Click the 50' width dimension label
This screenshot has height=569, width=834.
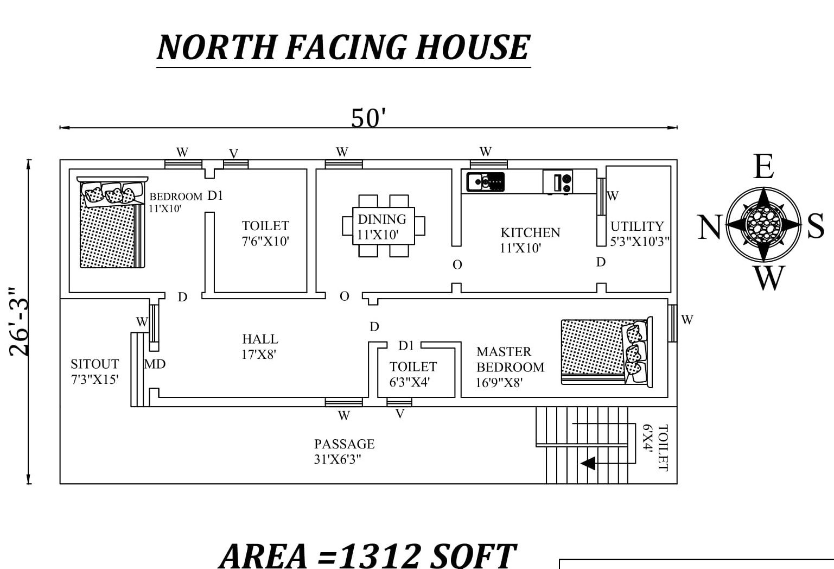pyautogui.click(x=368, y=117)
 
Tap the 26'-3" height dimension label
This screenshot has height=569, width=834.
pyautogui.click(x=20, y=322)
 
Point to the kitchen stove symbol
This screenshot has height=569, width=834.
pyautogui.click(x=558, y=182)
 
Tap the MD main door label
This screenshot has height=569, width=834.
pyautogui.click(x=155, y=364)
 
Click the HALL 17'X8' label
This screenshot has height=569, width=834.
pyautogui.click(x=260, y=346)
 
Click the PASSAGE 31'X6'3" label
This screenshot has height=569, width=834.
pyautogui.click(x=344, y=451)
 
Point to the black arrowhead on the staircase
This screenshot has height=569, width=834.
pyautogui.click(x=588, y=463)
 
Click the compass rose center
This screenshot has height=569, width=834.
pyautogui.click(x=763, y=224)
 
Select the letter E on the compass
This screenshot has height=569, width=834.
pyautogui.click(x=763, y=166)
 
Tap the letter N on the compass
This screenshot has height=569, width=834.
pyautogui.click(x=708, y=227)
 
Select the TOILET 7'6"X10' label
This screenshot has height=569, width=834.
pyautogui.click(x=265, y=233)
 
